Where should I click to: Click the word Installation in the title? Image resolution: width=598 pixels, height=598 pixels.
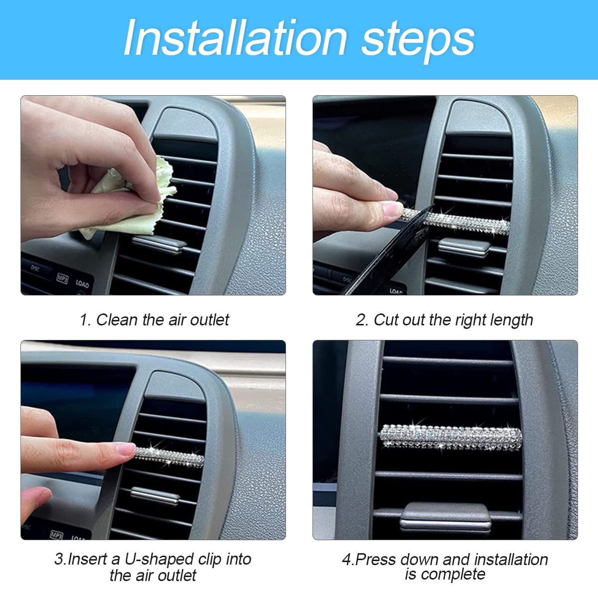pos(235,38)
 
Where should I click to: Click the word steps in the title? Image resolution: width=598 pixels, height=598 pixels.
pos(418,41)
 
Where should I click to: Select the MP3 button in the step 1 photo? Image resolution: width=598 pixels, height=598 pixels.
pos(62,279)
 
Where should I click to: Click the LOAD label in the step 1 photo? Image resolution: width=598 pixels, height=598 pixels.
pos(82,284)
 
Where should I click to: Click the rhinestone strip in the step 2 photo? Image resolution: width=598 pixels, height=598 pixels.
pos(454,220)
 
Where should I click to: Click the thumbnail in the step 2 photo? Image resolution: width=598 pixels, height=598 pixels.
pos(392,208)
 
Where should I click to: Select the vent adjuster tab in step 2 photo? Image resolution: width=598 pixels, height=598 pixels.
pos(464,247)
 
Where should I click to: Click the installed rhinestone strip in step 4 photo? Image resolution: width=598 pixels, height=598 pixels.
pos(450,437)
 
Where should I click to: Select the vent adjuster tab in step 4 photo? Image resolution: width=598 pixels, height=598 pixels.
pos(446,519)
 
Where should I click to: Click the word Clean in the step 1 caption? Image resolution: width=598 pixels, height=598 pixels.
pos(117,320)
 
